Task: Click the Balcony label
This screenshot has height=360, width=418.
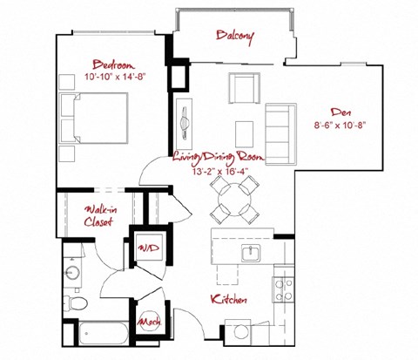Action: (234, 36)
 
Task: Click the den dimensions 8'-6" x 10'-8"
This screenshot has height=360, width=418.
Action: (340, 125)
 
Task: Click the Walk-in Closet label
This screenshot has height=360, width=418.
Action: (102, 215)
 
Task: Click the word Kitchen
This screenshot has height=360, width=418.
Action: (229, 300)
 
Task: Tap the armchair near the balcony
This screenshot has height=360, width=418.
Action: (244, 90)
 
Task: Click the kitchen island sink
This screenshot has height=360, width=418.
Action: (250, 252)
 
